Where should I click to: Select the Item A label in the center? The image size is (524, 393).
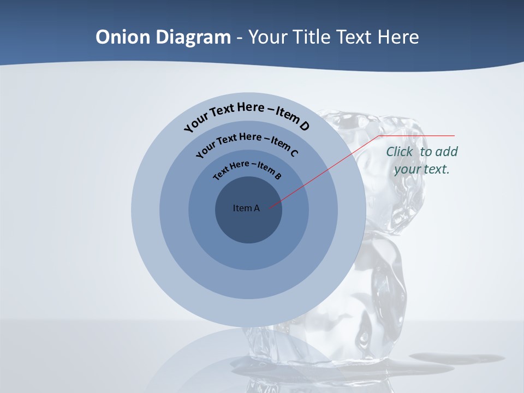[246, 208]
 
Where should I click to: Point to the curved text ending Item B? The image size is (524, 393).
[247, 169]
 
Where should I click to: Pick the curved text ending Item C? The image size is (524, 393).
[247, 143]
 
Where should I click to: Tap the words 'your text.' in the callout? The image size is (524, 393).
[422, 169]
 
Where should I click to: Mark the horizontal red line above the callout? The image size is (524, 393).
[418, 135]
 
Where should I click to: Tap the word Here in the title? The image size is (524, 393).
[396, 37]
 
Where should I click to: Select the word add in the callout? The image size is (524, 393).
[446, 152]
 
